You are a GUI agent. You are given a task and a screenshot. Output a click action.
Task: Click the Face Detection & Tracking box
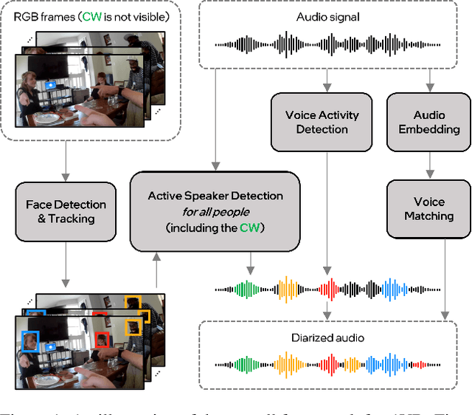(66, 211)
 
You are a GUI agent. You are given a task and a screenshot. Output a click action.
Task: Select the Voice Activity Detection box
(322, 122)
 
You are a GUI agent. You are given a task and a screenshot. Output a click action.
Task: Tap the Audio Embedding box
(428, 122)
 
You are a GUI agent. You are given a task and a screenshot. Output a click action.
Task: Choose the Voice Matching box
(428, 208)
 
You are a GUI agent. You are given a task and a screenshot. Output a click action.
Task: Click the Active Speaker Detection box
(215, 210)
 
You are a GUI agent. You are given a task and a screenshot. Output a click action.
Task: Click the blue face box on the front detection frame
(29, 340)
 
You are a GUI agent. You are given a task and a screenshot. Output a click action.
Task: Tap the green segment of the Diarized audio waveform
(243, 363)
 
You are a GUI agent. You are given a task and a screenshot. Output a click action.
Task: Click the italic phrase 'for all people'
(215, 211)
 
